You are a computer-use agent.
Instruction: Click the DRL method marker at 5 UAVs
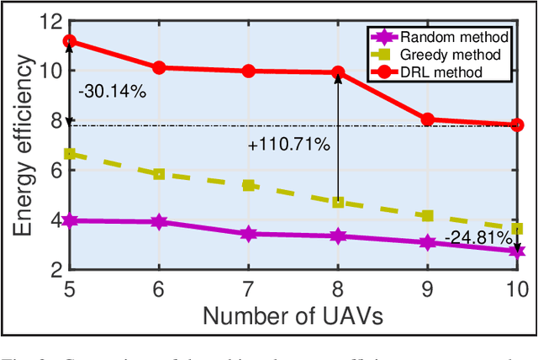[x=70, y=41]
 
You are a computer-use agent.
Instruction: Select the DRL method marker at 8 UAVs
[x=338, y=73]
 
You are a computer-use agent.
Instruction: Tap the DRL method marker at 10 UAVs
[x=517, y=124]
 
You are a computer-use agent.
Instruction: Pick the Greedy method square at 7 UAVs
[x=249, y=185]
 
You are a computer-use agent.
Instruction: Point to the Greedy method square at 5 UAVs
[x=70, y=154]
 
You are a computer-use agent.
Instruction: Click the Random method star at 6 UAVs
[x=159, y=222]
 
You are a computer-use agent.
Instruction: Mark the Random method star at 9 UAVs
[x=428, y=242]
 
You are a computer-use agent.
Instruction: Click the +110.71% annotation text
[x=289, y=145]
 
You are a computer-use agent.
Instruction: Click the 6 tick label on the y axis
[x=54, y=170]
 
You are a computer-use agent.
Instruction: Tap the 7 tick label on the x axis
[x=249, y=289]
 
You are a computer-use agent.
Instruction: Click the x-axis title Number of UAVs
[x=293, y=315]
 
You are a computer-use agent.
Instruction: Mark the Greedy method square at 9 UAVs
[x=428, y=216]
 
